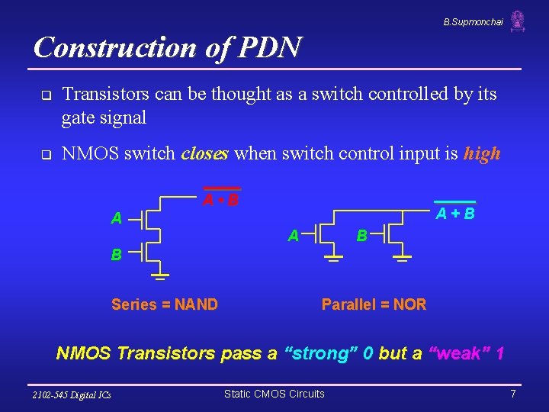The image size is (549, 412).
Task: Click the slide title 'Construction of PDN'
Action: click(168, 47)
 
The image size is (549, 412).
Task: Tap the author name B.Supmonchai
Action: click(473, 23)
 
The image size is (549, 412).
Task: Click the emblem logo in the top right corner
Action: click(518, 21)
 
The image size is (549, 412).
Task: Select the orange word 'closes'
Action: click(205, 153)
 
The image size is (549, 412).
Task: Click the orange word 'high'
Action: click(482, 153)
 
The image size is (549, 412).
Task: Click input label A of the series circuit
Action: click(116, 219)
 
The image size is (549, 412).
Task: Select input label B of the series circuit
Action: click(116, 255)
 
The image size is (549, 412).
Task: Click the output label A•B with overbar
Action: click(221, 201)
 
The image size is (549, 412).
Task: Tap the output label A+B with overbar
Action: click(454, 214)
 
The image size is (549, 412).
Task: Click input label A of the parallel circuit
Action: click(293, 237)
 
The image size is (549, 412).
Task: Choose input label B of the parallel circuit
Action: click(363, 237)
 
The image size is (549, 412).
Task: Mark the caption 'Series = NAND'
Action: click(165, 305)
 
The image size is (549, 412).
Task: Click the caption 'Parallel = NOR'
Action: click(374, 305)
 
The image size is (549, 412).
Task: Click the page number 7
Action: click(513, 394)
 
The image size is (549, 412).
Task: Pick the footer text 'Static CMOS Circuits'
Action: click(274, 394)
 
